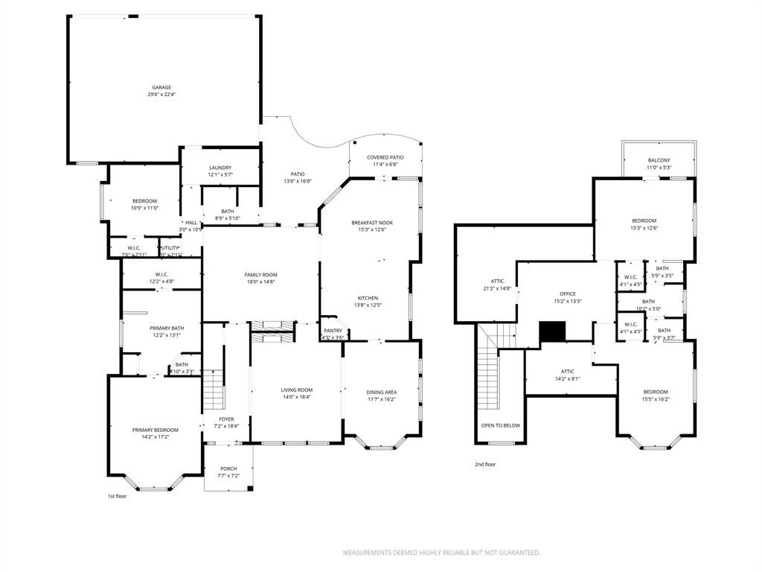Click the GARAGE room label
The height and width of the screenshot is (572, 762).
tap(162, 87)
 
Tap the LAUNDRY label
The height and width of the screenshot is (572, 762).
tap(220, 168)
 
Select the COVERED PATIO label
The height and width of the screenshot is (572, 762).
tap(385, 157)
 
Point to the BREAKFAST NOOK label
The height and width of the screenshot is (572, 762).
tap(372, 223)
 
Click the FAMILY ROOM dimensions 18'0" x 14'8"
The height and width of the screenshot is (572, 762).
tap(260, 282)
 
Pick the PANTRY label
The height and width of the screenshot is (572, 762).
tap(333, 330)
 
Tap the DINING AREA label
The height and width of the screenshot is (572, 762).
tap(381, 392)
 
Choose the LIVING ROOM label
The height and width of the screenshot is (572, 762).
tap(296, 390)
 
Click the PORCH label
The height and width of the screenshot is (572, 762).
tap(228, 468)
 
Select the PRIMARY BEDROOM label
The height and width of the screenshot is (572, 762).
tap(156, 430)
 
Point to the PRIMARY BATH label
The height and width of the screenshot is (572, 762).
tap(166, 328)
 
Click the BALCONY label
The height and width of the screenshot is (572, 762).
tap(659, 160)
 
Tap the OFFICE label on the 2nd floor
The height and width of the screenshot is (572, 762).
tap(568, 293)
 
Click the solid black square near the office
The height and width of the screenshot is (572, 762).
tap(552, 331)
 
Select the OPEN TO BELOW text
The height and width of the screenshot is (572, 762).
tap(501, 425)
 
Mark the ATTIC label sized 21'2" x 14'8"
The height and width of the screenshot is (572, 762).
tap(497, 281)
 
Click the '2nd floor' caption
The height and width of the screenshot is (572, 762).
tap(485, 464)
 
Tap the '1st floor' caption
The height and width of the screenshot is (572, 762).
tap(117, 495)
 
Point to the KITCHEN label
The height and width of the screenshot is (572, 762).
tap(368, 298)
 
